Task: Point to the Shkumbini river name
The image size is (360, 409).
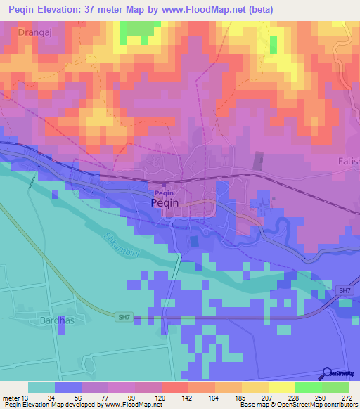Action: coord(118,244)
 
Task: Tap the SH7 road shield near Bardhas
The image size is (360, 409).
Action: coord(124,318)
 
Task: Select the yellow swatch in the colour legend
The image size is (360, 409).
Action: coord(282,387)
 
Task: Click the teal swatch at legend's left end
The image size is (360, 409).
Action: coord(41,387)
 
